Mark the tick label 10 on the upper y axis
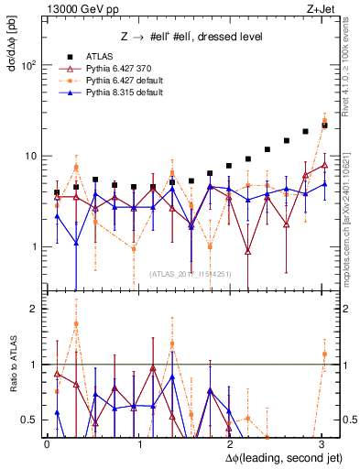31,156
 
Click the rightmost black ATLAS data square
325,125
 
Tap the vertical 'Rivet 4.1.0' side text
351,73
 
